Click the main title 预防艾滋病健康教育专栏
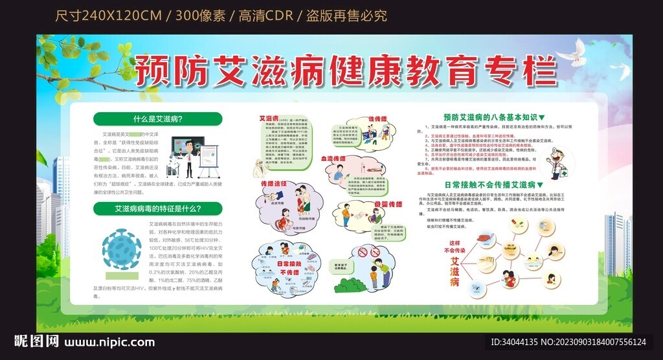click(x=346, y=71)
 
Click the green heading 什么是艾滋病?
click(x=157, y=119)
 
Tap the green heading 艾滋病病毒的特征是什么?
click(x=157, y=208)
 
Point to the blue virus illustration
click(x=122, y=249)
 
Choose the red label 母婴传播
click(x=388, y=205)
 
